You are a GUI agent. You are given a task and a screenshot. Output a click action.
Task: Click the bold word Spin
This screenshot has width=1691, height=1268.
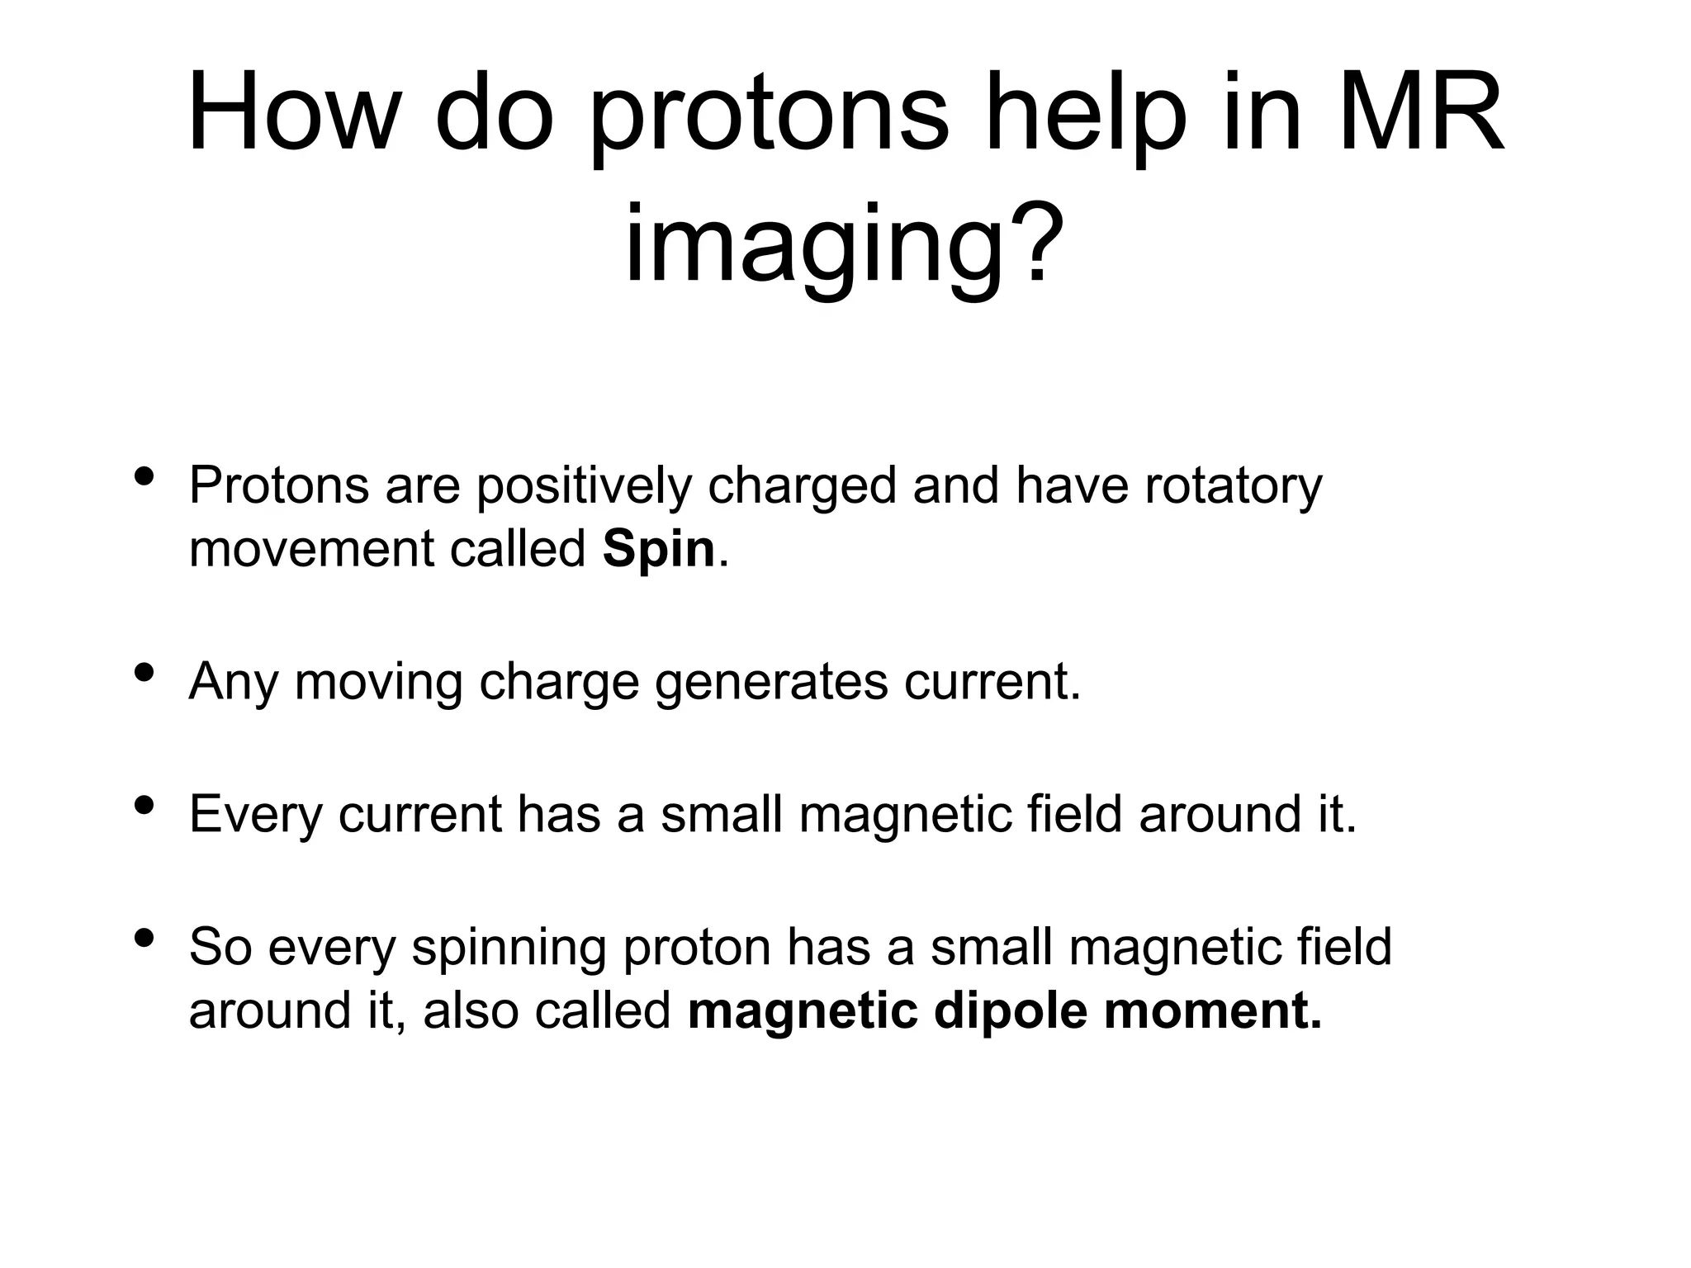pos(658,550)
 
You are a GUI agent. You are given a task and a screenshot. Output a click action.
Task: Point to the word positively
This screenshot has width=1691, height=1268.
pos(584,487)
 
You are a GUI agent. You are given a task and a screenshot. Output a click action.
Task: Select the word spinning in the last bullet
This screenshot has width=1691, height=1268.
pos(509,948)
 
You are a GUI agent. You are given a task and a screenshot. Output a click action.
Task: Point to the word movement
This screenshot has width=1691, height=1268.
pos(311,550)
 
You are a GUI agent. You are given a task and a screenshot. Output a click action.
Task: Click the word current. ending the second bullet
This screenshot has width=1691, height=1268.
pos(992,684)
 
